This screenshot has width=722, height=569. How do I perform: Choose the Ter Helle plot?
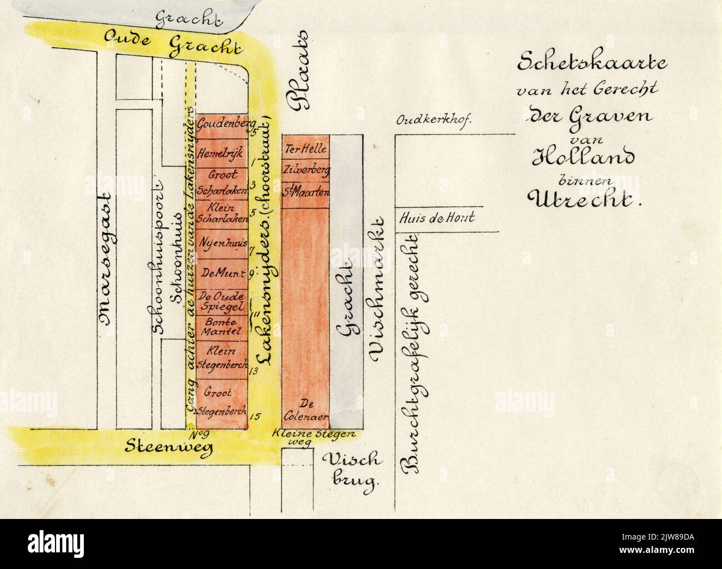pos(306,149)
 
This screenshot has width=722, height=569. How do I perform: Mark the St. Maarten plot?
pos(306,193)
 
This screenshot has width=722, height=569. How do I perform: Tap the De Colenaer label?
pos(307,409)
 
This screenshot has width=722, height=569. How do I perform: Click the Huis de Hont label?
pos(437,218)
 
